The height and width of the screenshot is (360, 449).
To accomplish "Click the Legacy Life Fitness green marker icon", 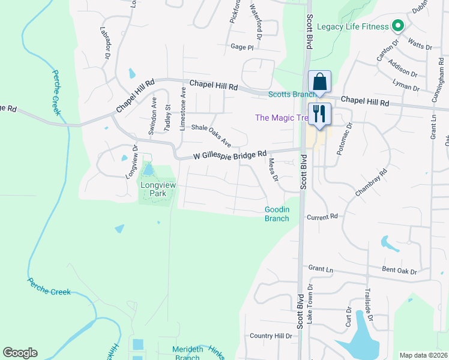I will pos(397,26).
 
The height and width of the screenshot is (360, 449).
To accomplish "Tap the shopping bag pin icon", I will pos(319,82).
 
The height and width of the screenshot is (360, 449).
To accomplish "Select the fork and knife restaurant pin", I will pos(319,114).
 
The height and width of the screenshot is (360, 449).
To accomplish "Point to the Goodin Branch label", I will pos(277,214).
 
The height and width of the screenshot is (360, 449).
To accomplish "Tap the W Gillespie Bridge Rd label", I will pos(230,155).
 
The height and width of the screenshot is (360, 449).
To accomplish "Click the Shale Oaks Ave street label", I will pos(211,136).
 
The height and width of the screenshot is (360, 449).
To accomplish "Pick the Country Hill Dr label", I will pos(270,336).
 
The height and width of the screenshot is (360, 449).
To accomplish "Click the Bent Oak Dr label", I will pos(399,272).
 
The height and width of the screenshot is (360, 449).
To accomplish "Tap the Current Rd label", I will pos(322,216).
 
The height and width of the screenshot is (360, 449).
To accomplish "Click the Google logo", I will pos(20,353).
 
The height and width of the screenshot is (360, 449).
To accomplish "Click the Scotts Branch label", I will pos(291,94).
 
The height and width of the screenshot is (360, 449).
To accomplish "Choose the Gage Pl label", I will pos(242,46).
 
